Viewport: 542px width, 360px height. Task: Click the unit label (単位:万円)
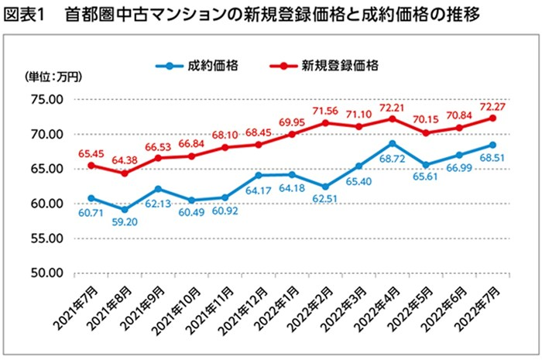52,77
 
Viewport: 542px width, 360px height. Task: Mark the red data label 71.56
324,110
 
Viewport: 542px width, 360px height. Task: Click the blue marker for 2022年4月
392,143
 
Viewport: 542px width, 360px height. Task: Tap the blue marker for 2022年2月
325,187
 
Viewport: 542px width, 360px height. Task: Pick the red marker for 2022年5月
425,133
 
